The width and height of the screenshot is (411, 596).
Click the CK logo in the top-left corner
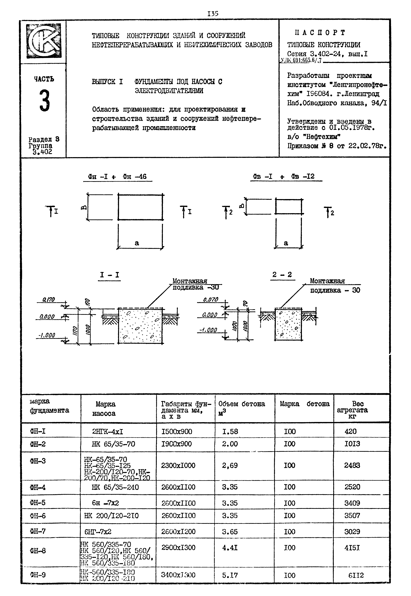(44, 41)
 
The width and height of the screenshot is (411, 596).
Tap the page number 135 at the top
(213, 14)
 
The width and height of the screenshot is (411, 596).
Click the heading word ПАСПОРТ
(320, 33)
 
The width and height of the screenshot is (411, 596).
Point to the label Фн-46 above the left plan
(135, 177)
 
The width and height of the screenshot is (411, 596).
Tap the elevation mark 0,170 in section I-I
(48, 299)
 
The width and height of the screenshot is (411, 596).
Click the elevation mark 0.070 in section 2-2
(210, 299)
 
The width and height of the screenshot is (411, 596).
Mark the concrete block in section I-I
(140, 326)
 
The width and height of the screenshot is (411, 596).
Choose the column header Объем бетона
(242, 404)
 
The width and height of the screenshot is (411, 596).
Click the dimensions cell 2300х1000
(178, 465)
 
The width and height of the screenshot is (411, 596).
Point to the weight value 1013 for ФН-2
(352, 444)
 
